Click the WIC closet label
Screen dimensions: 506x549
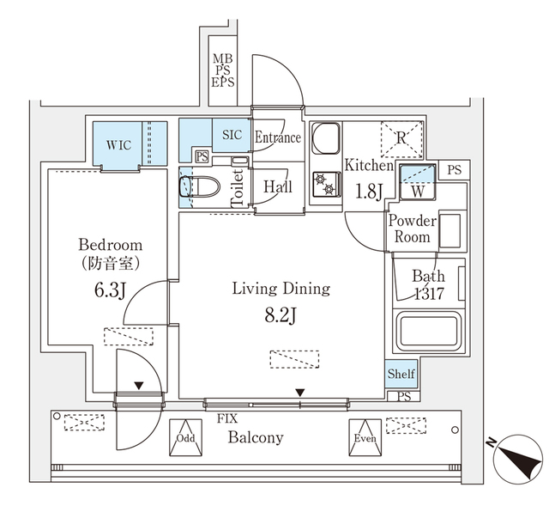point(118,144)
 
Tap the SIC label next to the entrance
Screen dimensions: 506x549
point(232,135)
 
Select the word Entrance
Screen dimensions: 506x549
point(278,137)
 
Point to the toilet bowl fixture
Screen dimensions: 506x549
point(193,186)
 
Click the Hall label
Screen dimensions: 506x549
point(277,186)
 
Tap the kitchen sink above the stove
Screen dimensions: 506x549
point(325,137)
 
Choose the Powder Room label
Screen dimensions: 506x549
point(413,229)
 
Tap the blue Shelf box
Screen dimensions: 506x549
point(401,374)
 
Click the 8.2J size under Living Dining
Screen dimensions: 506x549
point(281,315)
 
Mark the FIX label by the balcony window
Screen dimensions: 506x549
point(227,418)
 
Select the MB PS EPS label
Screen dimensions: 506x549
point(223,71)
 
